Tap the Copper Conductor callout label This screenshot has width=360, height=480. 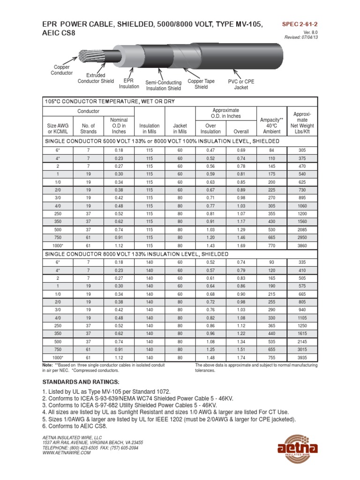61,70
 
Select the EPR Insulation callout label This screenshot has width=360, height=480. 129,83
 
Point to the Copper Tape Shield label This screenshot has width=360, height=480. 201,84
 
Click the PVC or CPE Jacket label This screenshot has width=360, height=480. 241,84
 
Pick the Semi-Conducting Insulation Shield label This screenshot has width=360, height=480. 163,85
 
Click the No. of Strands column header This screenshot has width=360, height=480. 88,128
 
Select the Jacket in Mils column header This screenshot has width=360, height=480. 180,128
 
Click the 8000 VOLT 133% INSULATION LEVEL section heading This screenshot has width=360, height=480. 137,254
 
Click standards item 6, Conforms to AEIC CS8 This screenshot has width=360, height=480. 75,427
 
